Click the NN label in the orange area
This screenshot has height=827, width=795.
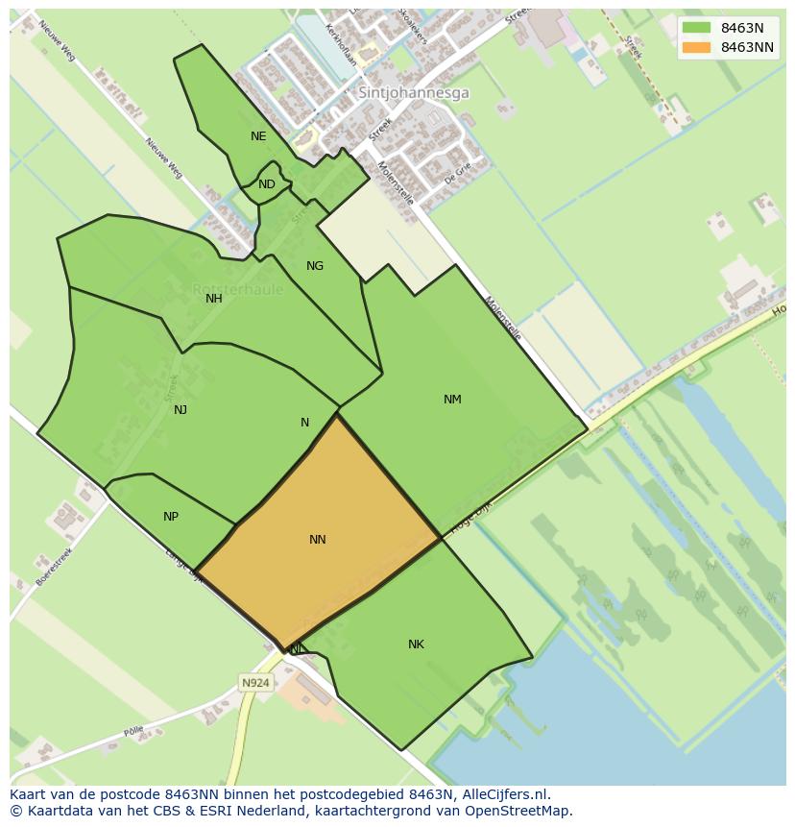point(318,540)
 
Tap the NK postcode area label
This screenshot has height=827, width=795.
point(416,645)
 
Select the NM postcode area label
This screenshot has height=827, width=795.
point(452,400)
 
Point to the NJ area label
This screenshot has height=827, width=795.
point(181,410)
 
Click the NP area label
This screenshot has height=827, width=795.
point(171,517)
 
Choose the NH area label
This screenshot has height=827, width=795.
point(214,299)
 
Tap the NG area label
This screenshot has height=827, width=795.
point(315,266)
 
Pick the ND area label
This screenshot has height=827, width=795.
point(267,184)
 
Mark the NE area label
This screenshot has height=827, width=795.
point(258,136)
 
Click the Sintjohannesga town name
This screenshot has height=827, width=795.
point(414,93)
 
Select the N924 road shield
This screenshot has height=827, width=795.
point(255,683)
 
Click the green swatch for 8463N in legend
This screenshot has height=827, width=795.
point(696,28)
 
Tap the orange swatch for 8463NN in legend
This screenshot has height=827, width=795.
point(696,47)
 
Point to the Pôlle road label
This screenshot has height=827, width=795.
point(133,732)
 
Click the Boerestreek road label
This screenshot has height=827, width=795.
point(54,568)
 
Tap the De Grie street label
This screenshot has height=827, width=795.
point(458,172)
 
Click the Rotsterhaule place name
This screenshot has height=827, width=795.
point(238,289)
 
